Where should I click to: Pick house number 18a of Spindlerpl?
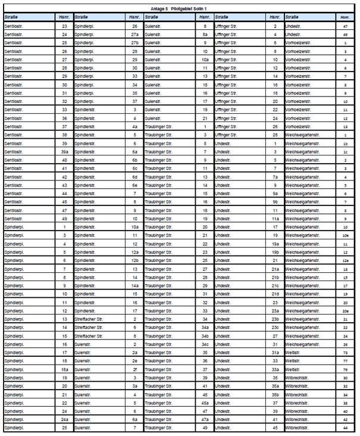coord(64,369)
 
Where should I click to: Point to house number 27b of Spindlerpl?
coord(134,43)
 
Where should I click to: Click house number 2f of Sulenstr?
coord(134,369)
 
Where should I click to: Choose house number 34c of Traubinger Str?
coord(205,344)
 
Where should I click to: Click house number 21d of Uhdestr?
coord(275,294)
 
